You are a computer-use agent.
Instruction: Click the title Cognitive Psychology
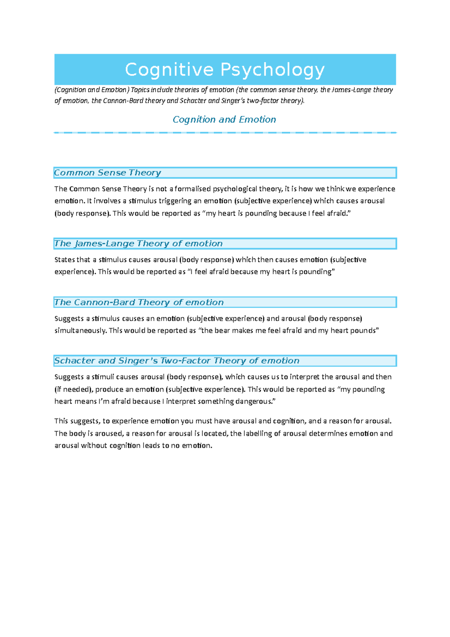(x=225, y=70)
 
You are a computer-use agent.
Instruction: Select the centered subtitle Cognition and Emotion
(x=224, y=119)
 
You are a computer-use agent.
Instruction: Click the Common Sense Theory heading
(x=108, y=173)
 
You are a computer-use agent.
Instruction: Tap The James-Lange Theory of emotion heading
(x=138, y=243)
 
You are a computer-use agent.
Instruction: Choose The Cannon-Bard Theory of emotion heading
(x=139, y=302)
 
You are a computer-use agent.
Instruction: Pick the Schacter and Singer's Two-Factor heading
(x=177, y=361)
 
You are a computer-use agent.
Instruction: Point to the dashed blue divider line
(x=225, y=132)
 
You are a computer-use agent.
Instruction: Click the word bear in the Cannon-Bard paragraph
(x=222, y=331)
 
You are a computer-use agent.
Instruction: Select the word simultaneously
(x=80, y=331)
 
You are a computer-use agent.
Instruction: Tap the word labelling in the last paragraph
(x=258, y=434)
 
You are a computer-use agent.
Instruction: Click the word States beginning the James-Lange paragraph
(x=64, y=260)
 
